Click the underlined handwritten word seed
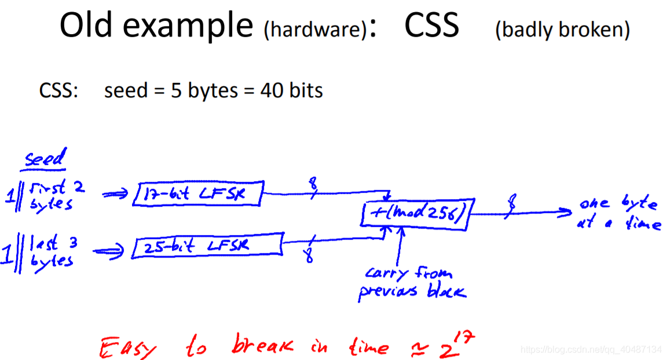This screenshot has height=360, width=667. (45, 158)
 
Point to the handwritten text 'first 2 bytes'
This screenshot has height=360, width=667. (57, 194)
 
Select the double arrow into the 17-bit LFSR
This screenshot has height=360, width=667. (115, 194)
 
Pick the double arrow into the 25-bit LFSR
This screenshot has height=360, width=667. (109, 251)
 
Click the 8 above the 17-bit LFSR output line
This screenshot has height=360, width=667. (313, 183)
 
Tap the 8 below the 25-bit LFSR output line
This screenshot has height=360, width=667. (309, 256)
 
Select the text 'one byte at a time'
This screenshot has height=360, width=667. (619, 212)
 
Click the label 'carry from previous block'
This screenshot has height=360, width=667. (412, 282)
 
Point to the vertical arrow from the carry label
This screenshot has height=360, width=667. (399, 247)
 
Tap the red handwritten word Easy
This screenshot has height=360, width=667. (127, 347)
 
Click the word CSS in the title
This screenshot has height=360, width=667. (431, 25)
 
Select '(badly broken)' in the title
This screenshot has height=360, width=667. (562, 30)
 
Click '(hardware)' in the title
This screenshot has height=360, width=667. (315, 30)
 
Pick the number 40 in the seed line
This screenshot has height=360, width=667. (272, 90)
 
